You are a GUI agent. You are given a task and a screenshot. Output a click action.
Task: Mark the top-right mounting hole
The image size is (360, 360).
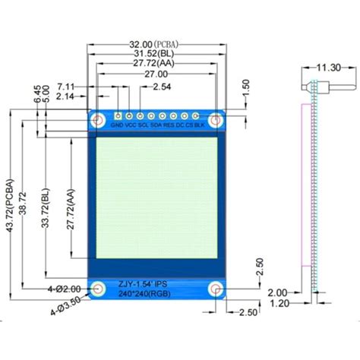pyautogui.click(x=217, y=120)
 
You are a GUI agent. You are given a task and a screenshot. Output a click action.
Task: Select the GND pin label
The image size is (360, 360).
pyautogui.click(x=117, y=124)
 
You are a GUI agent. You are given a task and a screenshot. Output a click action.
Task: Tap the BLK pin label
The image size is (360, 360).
pyautogui.click(x=199, y=124)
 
